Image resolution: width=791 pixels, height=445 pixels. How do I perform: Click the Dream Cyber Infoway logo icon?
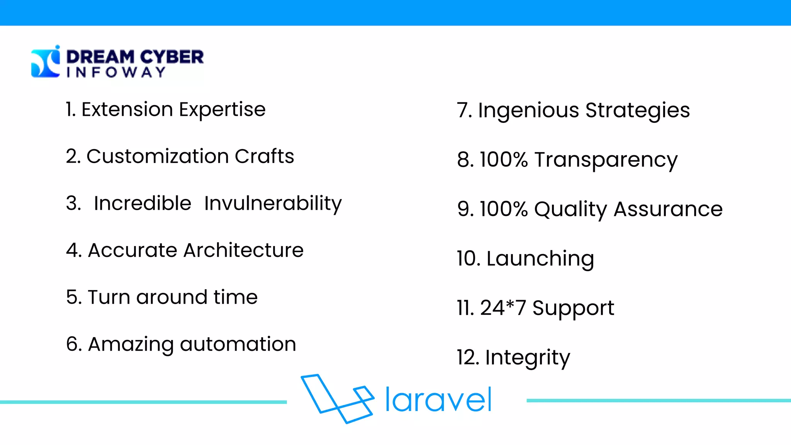point(46,62)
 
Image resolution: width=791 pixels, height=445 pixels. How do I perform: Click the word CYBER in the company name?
point(171,57)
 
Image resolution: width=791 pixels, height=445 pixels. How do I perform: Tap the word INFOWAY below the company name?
point(116,72)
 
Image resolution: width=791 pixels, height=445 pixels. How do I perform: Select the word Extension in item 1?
point(127,109)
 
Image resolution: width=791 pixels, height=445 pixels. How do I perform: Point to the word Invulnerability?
point(273,204)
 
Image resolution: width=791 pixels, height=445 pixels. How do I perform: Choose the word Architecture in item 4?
point(243,250)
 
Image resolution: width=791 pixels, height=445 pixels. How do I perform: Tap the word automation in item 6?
point(238,344)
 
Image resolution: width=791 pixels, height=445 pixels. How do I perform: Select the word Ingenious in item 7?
point(528,111)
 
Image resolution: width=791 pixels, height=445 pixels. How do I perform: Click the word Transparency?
point(606,160)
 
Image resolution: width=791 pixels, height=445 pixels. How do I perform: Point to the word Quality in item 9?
point(570,210)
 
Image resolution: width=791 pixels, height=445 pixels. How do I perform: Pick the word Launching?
point(540,259)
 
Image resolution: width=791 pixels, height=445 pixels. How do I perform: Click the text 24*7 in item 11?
point(503,308)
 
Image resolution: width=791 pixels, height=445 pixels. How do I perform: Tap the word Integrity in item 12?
point(527,358)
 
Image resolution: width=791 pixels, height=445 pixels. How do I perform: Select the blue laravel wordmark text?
point(438,400)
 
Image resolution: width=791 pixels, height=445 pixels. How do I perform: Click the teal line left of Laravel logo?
point(143,402)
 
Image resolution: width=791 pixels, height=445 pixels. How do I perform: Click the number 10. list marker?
point(468,259)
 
